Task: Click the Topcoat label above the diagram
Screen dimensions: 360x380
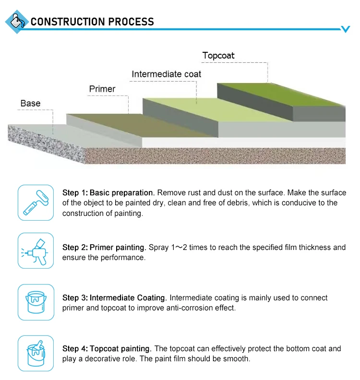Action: [218, 56]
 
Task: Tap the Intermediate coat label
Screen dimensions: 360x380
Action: [166, 74]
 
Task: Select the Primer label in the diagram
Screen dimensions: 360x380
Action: [102, 89]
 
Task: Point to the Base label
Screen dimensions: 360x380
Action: [30, 103]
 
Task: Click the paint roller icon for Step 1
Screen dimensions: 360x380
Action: [36, 202]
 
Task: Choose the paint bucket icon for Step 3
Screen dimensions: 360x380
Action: [36, 302]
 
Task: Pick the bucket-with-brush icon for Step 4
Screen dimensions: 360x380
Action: [36, 353]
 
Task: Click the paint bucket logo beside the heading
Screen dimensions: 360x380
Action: [17, 22]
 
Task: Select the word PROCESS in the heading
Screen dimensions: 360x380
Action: [131, 22]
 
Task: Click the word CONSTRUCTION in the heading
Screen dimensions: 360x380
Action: [68, 22]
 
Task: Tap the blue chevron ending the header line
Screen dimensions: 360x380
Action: [346, 29]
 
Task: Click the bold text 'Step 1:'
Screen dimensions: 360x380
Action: [75, 193]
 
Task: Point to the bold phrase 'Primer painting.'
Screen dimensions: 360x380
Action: [118, 248]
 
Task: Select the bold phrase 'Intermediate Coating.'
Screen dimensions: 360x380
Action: [128, 297]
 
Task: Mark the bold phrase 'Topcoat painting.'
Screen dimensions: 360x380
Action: [120, 349]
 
